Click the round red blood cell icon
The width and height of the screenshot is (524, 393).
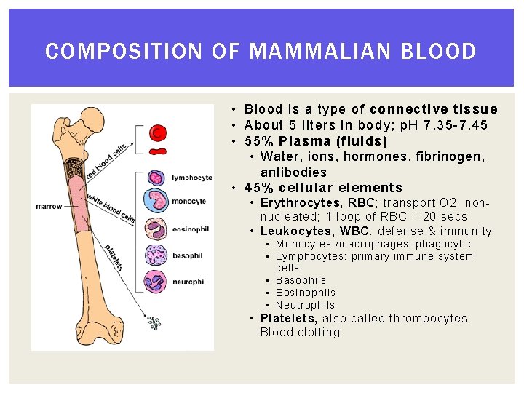click(157, 132)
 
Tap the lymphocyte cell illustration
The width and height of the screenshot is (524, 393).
click(156, 177)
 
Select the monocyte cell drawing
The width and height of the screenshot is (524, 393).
click(157, 201)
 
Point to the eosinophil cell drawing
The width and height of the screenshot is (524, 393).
click(157, 229)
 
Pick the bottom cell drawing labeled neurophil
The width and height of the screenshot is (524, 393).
click(157, 281)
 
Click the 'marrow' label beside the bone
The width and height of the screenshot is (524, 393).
click(49, 207)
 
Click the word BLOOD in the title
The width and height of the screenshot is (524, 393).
click(441, 52)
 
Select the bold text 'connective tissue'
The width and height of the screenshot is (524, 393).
click(444, 109)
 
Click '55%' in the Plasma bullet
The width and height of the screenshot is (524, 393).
click(259, 141)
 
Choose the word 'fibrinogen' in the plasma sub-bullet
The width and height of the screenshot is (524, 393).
click(445, 156)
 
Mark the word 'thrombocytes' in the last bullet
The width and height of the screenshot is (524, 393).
click(429, 318)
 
